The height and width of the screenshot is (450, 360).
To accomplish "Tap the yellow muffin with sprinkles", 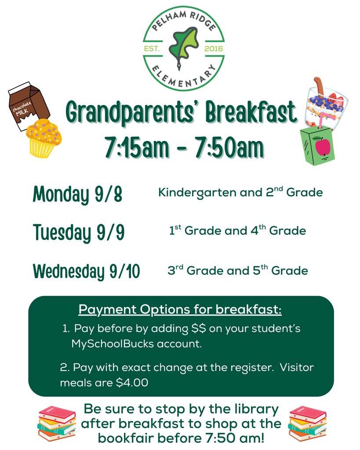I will pos(43,138).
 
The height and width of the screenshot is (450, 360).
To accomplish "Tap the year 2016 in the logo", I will pos(214,49).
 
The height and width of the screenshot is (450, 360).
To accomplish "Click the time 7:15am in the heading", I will pos(137,147).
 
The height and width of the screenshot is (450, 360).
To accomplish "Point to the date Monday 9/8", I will pos(77,194).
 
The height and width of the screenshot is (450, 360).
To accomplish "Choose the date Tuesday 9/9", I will pos(79,232).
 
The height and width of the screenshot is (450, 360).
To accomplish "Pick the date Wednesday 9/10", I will pos(86,271).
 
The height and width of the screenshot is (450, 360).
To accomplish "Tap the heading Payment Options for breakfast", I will pos(180,309).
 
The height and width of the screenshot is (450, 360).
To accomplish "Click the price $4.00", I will pos(132,382).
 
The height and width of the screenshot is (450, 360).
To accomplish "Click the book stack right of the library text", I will pos(307,423).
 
